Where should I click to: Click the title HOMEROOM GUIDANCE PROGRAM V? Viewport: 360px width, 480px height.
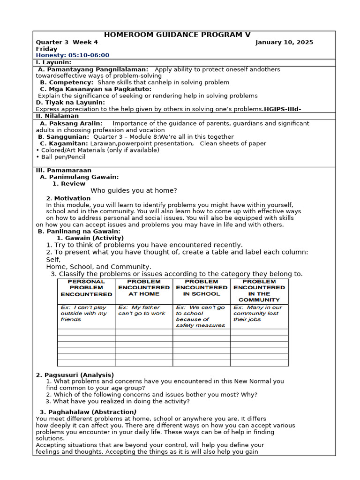177,35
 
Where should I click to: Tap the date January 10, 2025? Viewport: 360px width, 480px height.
284,42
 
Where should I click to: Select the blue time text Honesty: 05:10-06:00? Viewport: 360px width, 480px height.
73,55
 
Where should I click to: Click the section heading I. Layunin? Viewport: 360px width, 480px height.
54,62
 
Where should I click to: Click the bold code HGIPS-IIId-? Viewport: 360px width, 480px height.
283,109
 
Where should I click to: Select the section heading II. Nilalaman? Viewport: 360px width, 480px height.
58,116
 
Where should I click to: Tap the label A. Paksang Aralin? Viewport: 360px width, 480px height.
71,123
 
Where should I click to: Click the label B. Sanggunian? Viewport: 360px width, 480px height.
63,137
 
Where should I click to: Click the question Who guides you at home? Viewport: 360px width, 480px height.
134,190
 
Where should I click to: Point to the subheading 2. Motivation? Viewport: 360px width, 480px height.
68,198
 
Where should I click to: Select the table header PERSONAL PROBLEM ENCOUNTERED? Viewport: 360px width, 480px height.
86,288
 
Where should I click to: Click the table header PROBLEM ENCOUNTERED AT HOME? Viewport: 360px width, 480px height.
144,288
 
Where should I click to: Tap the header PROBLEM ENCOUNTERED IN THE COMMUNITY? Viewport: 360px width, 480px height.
259,291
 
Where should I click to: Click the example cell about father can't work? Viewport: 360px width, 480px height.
142,310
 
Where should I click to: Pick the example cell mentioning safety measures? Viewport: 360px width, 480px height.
201,316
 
